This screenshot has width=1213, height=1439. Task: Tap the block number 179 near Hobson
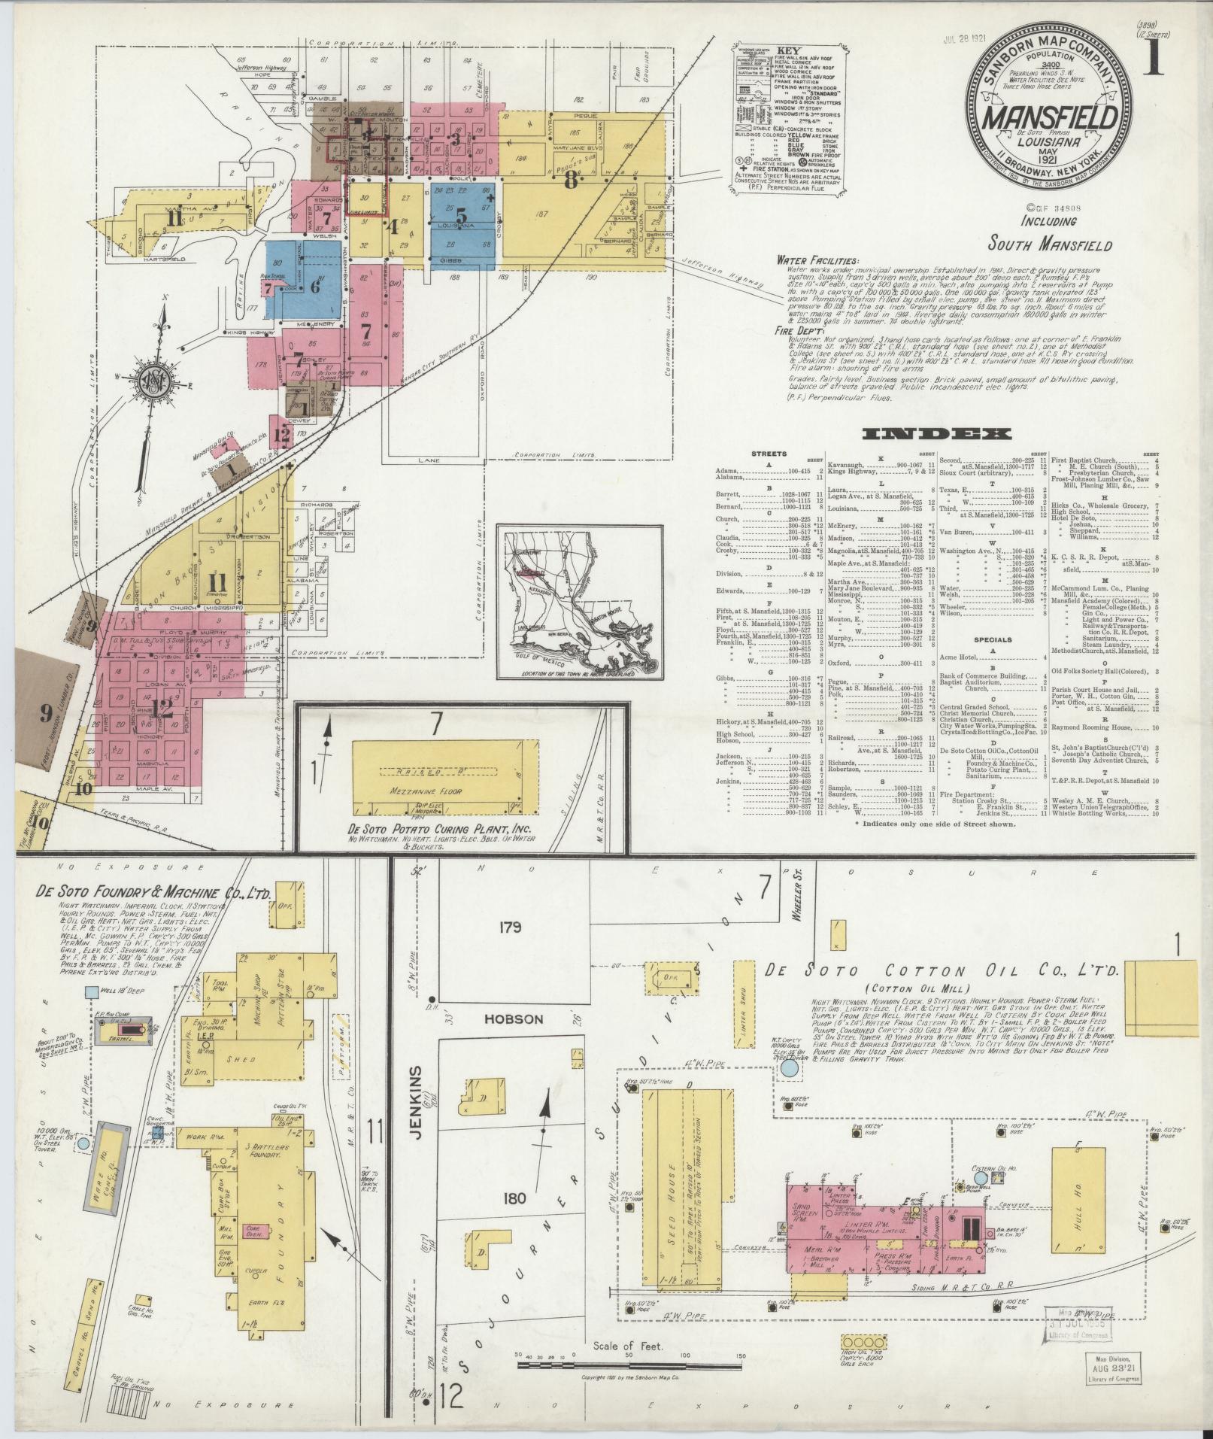pos(510,927)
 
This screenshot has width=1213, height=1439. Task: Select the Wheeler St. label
pos(799,903)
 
